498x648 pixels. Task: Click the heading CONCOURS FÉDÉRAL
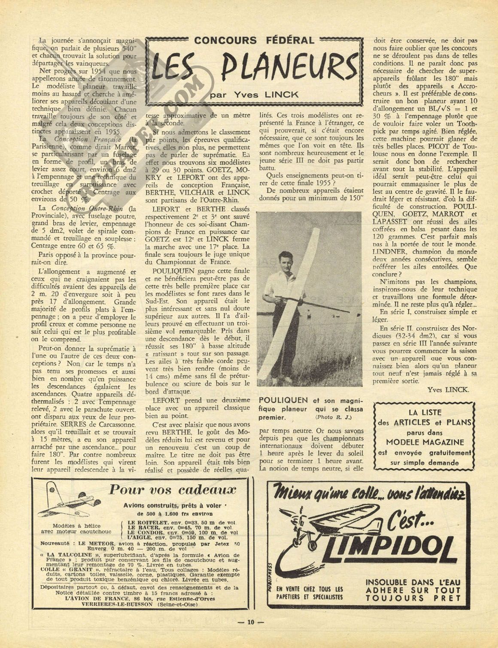point(254,41)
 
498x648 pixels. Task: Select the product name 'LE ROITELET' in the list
point(150,522)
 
